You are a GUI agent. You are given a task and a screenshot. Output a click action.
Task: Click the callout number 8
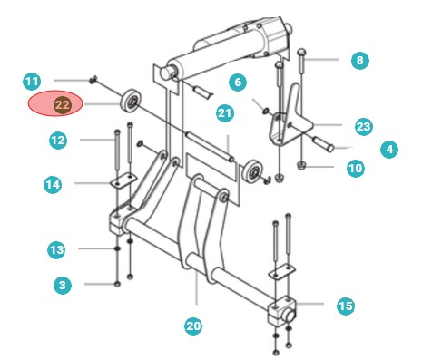pyautogui.click(x=360, y=61)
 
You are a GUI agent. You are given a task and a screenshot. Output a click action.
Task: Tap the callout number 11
pyautogui.click(x=32, y=82)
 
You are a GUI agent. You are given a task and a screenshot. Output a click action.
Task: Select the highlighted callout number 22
pyautogui.click(x=63, y=105)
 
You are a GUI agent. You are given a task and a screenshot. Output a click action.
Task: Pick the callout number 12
pyautogui.click(x=58, y=141)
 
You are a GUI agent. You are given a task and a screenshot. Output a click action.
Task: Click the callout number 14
pyautogui.click(x=53, y=184)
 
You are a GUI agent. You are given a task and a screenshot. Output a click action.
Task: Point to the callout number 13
pyautogui.click(x=56, y=250)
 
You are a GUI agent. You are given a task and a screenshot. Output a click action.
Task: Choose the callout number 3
pyautogui.click(x=63, y=285)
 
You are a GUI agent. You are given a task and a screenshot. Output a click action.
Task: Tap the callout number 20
pyautogui.click(x=193, y=326)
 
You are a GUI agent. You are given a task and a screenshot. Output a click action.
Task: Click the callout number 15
pyautogui.click(x=346, y=306)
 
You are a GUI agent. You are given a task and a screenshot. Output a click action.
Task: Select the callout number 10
pyautogui.click(x=356, y=168)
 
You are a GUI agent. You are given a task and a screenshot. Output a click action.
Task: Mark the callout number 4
pyautogui.click(x=389, y=150)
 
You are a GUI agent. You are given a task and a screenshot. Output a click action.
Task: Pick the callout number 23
pyautogui.click(x=364, y=126)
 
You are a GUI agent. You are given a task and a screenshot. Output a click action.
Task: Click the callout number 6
pyautogui.click(x=238, y=83)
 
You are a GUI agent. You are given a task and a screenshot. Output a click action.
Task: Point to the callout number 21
pyautogui.click(x=225, y=113)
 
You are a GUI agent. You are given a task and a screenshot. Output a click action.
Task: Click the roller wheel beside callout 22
pyautogui.click(x=131, y=101)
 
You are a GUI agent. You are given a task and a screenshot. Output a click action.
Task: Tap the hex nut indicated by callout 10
pyautogui.click(x=300, y=166)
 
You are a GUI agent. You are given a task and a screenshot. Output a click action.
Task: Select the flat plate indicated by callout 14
pyautogui.click(x=123, y=180)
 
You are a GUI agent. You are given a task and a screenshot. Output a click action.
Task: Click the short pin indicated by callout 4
pyautogui.click(x=323, y=144)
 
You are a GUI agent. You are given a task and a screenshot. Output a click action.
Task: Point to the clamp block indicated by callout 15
pyautogui.click(x=282, y=311)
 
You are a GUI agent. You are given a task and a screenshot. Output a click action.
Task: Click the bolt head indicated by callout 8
pyautogui.click(x=302, y=53)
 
